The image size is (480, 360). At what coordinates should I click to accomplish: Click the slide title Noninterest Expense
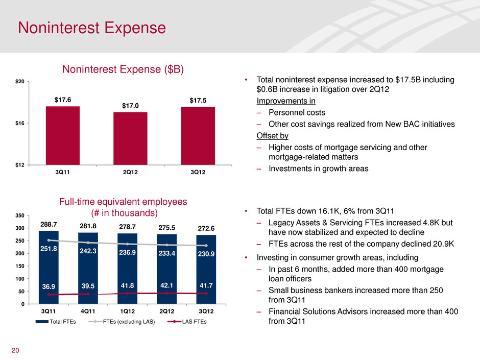point(92,27)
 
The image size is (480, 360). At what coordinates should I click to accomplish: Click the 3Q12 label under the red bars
point(198,172)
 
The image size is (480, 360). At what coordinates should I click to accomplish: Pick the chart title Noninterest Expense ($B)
point(123,68)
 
